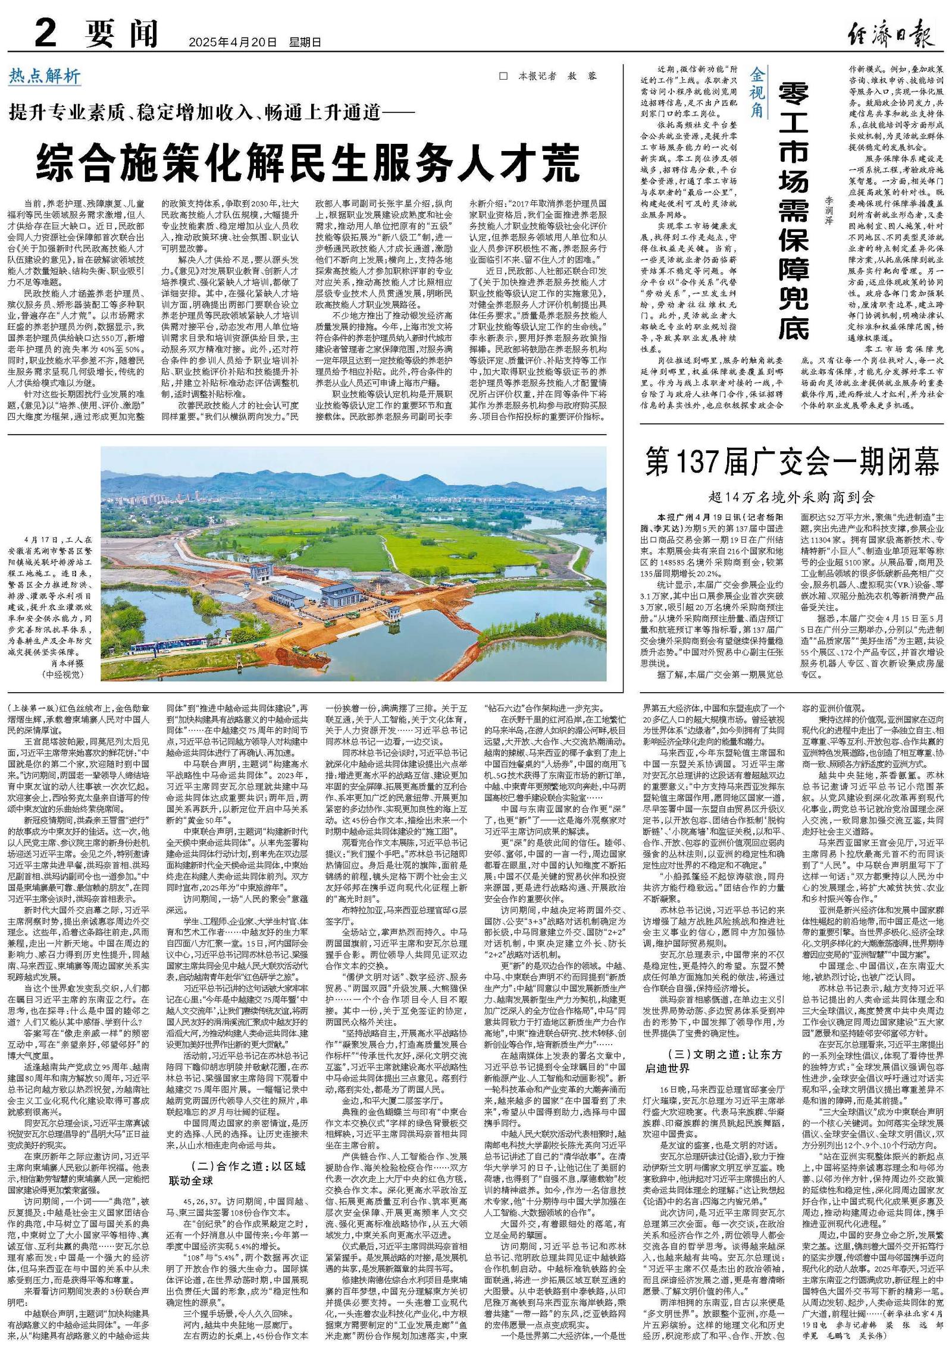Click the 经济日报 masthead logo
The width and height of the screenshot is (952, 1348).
click(x=890, y=34)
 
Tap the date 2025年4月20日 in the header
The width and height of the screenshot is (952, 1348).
click(x=233, y=43)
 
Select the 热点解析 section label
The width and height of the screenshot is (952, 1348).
click(x=45, y=76)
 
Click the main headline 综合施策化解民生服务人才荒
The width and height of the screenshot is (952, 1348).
click(x=308, y=161)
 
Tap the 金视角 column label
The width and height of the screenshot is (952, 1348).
click(x=757, y=92)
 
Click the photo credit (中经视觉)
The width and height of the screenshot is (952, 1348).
click(x=62, y=674)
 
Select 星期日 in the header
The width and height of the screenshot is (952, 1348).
click(x=305, y=43)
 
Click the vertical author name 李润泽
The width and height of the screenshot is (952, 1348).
click(x=829, y=210)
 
